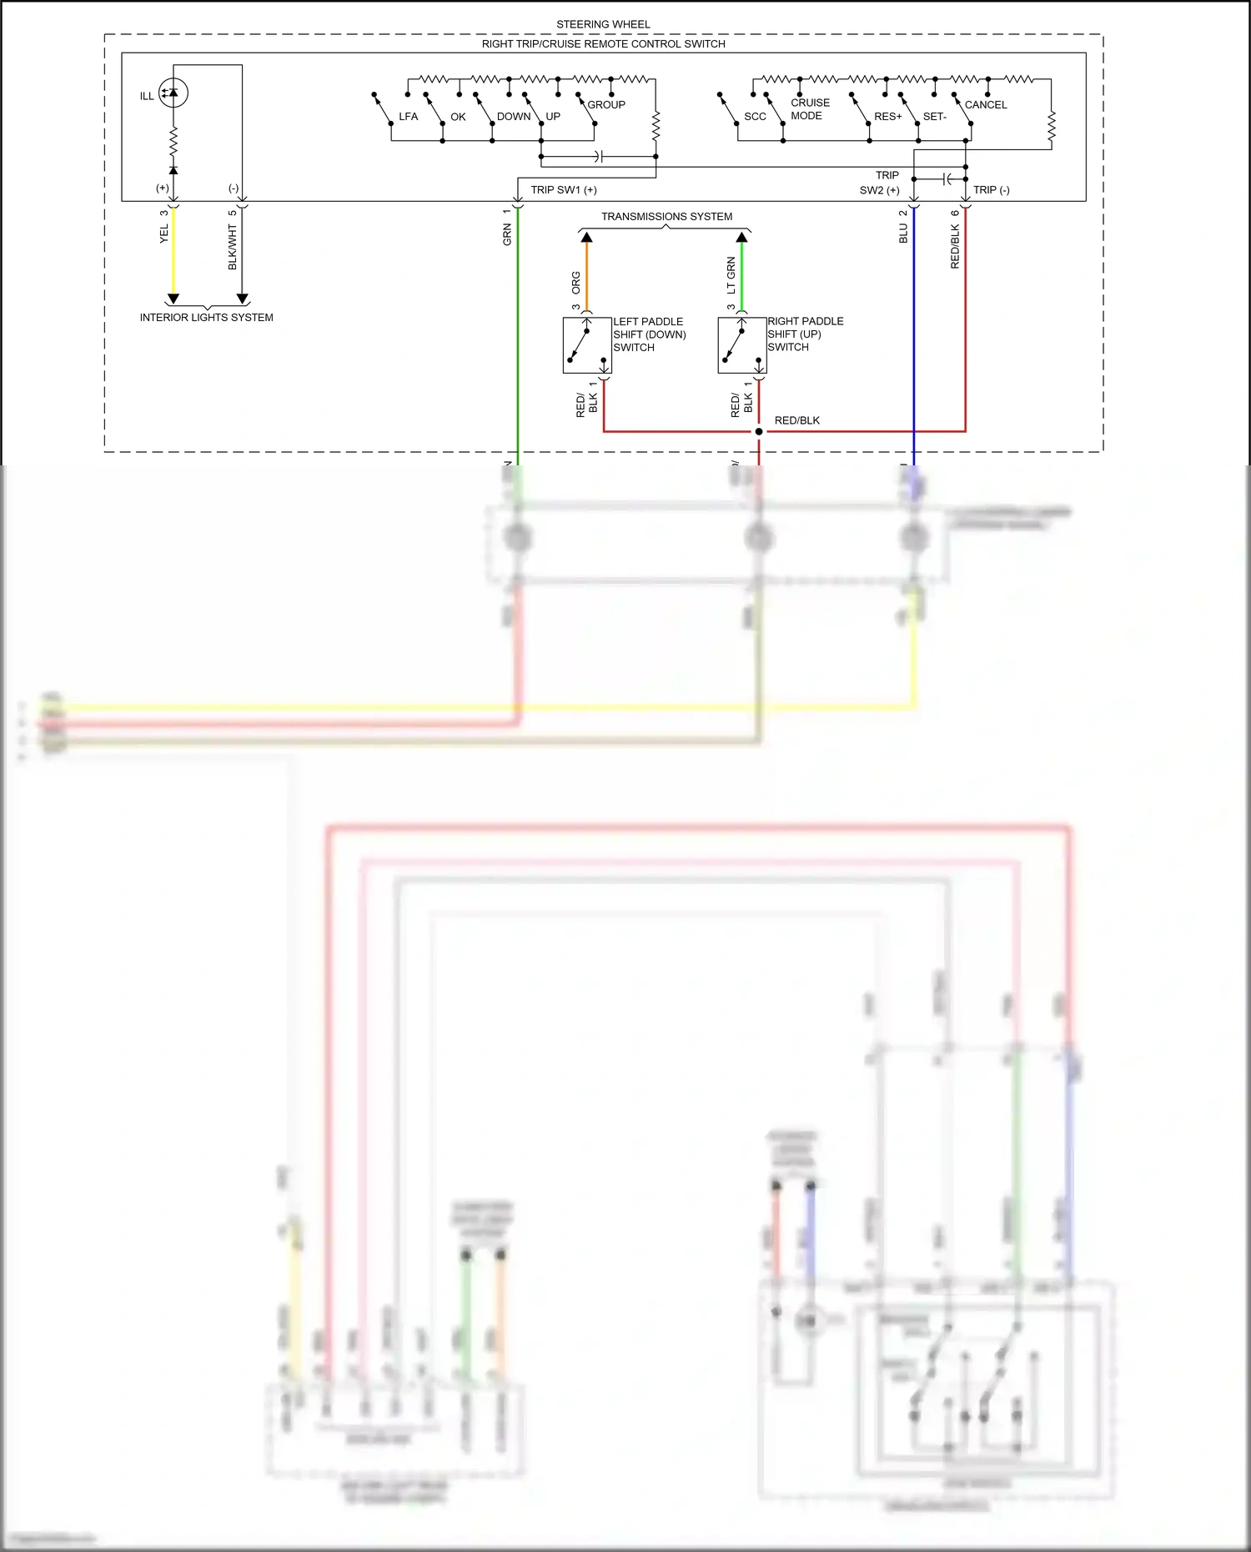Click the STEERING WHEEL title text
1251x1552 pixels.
(x=603, y=24)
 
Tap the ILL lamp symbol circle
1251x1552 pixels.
(x=173, y=92)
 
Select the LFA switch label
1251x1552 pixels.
(x=408, y=117)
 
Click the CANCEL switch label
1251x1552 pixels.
(x=985, y=105)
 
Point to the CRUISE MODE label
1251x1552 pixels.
(x=809, y=109)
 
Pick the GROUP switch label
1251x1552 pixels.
(x=605, y=105)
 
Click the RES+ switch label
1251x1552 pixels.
(x=887, y=117)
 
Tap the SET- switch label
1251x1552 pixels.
(x=934, y=117)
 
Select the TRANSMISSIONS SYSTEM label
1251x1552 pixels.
(x=666, y=217)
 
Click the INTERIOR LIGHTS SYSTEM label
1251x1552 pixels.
(x=206, y=318)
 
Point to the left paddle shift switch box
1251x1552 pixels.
(x=587, y=345)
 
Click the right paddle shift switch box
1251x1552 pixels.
(x=741, y=345)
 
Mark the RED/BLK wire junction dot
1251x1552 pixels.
(x=758, y=431)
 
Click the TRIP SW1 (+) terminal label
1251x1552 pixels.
(x=564, y=190)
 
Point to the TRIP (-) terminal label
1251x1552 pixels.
(x=991, y=190)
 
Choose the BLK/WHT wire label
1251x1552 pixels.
(x=233, y=247)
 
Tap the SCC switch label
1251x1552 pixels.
(x=755, y=117)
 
